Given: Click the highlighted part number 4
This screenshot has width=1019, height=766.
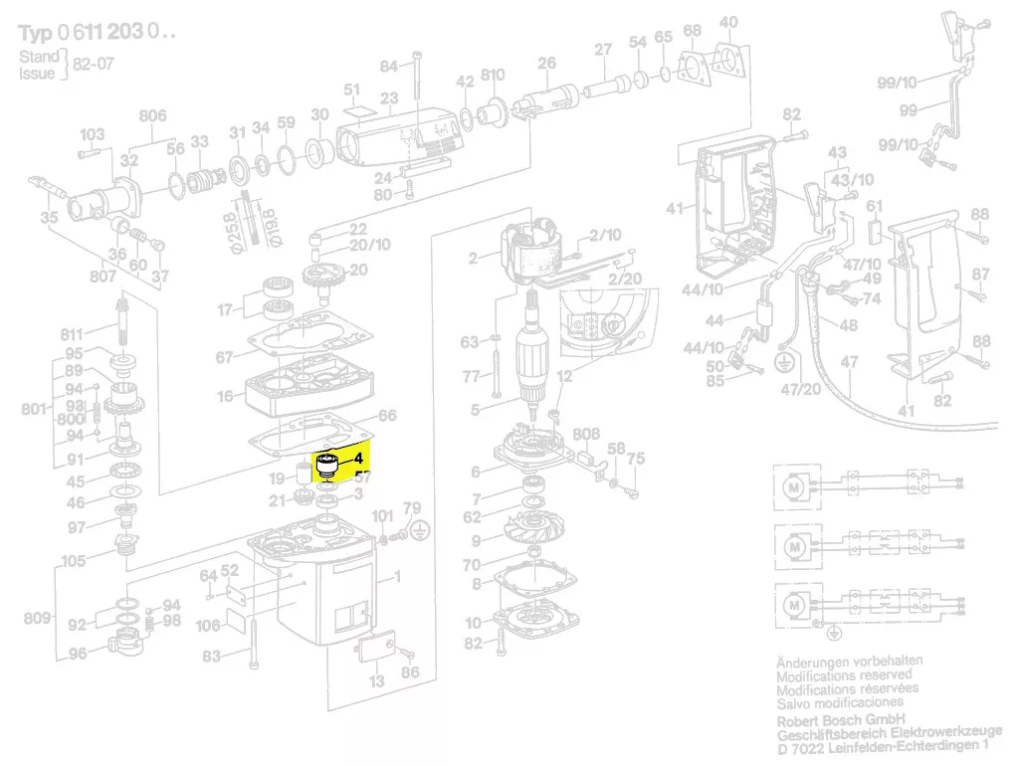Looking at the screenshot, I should pos(360,459).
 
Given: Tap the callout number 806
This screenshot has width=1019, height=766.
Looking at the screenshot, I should pos(152,116).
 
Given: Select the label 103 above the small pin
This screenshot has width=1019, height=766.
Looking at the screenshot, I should pos(92,134).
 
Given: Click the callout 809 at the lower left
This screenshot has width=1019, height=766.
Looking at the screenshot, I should pos(38,618).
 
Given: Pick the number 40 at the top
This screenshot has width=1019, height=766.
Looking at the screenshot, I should pos(728,22).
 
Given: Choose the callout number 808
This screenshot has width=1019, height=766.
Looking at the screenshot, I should pos(587,434).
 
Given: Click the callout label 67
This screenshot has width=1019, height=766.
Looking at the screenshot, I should pos(225,357).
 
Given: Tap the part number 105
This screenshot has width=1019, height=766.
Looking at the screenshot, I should pos(73,561).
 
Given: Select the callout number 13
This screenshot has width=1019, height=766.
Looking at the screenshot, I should pos(376,681).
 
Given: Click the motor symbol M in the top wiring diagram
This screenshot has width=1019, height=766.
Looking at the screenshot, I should pos(794,487).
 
